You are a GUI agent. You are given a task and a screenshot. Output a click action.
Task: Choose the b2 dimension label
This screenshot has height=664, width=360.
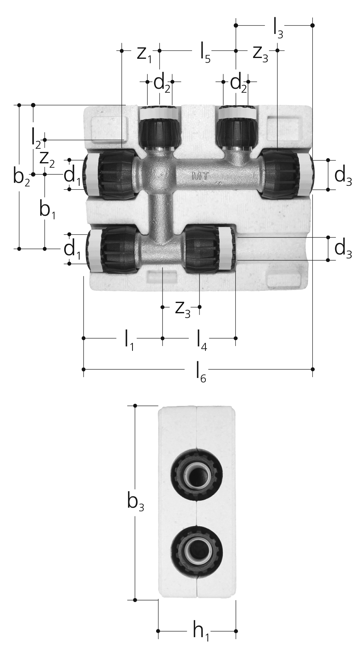pos(22,177)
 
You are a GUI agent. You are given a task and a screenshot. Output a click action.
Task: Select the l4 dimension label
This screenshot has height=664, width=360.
pos(202,342)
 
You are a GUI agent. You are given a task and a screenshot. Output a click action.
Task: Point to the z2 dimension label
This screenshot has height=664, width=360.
pos(47,160)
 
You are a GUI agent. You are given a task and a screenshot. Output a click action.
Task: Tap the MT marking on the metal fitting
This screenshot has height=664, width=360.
pos(200,176)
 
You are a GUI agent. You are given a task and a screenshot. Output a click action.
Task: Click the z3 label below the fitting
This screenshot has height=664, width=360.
pos(183,310)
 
